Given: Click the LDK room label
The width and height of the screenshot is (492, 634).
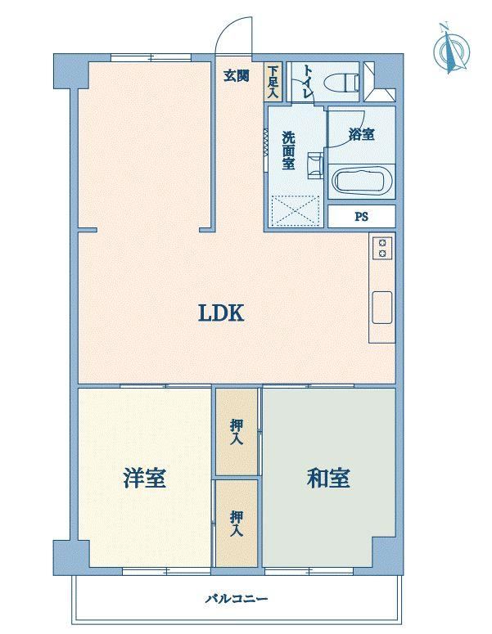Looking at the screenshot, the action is click(x=221, y=313).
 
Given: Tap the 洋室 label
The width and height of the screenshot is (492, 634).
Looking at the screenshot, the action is click(x=144, y=478).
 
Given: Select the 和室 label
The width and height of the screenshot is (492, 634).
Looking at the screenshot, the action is click(x=328, y=478).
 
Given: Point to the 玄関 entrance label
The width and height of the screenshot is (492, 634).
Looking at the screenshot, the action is click(x=237, y=75).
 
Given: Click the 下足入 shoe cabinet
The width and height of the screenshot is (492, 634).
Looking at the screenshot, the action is click(x=273, y=82).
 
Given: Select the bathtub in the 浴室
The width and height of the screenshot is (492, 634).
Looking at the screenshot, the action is click(x=362, y=182).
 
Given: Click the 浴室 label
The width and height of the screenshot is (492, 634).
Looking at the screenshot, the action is click(x=362, y=134).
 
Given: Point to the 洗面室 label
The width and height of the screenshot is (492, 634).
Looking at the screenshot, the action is click(x=288, y=150).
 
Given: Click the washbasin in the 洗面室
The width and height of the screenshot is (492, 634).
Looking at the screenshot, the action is click(x=315, y=165).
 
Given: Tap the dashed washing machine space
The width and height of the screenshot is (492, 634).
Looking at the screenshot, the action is click(x=296, y=210).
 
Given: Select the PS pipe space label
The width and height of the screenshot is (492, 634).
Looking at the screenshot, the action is click(x=362, y=217).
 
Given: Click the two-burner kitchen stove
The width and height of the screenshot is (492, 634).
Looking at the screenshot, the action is click(x=382, y=248).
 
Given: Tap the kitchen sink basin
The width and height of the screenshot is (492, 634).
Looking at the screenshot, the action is click(x=382, y=308).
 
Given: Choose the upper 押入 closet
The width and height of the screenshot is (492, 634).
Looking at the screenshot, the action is click(x=237, y=432).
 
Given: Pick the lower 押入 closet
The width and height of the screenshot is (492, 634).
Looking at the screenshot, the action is click(x=237, y=524).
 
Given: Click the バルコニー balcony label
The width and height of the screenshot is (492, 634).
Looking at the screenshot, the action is click(x=237, y=598).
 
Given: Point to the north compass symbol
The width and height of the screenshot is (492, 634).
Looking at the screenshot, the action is click(x=451, y=49).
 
